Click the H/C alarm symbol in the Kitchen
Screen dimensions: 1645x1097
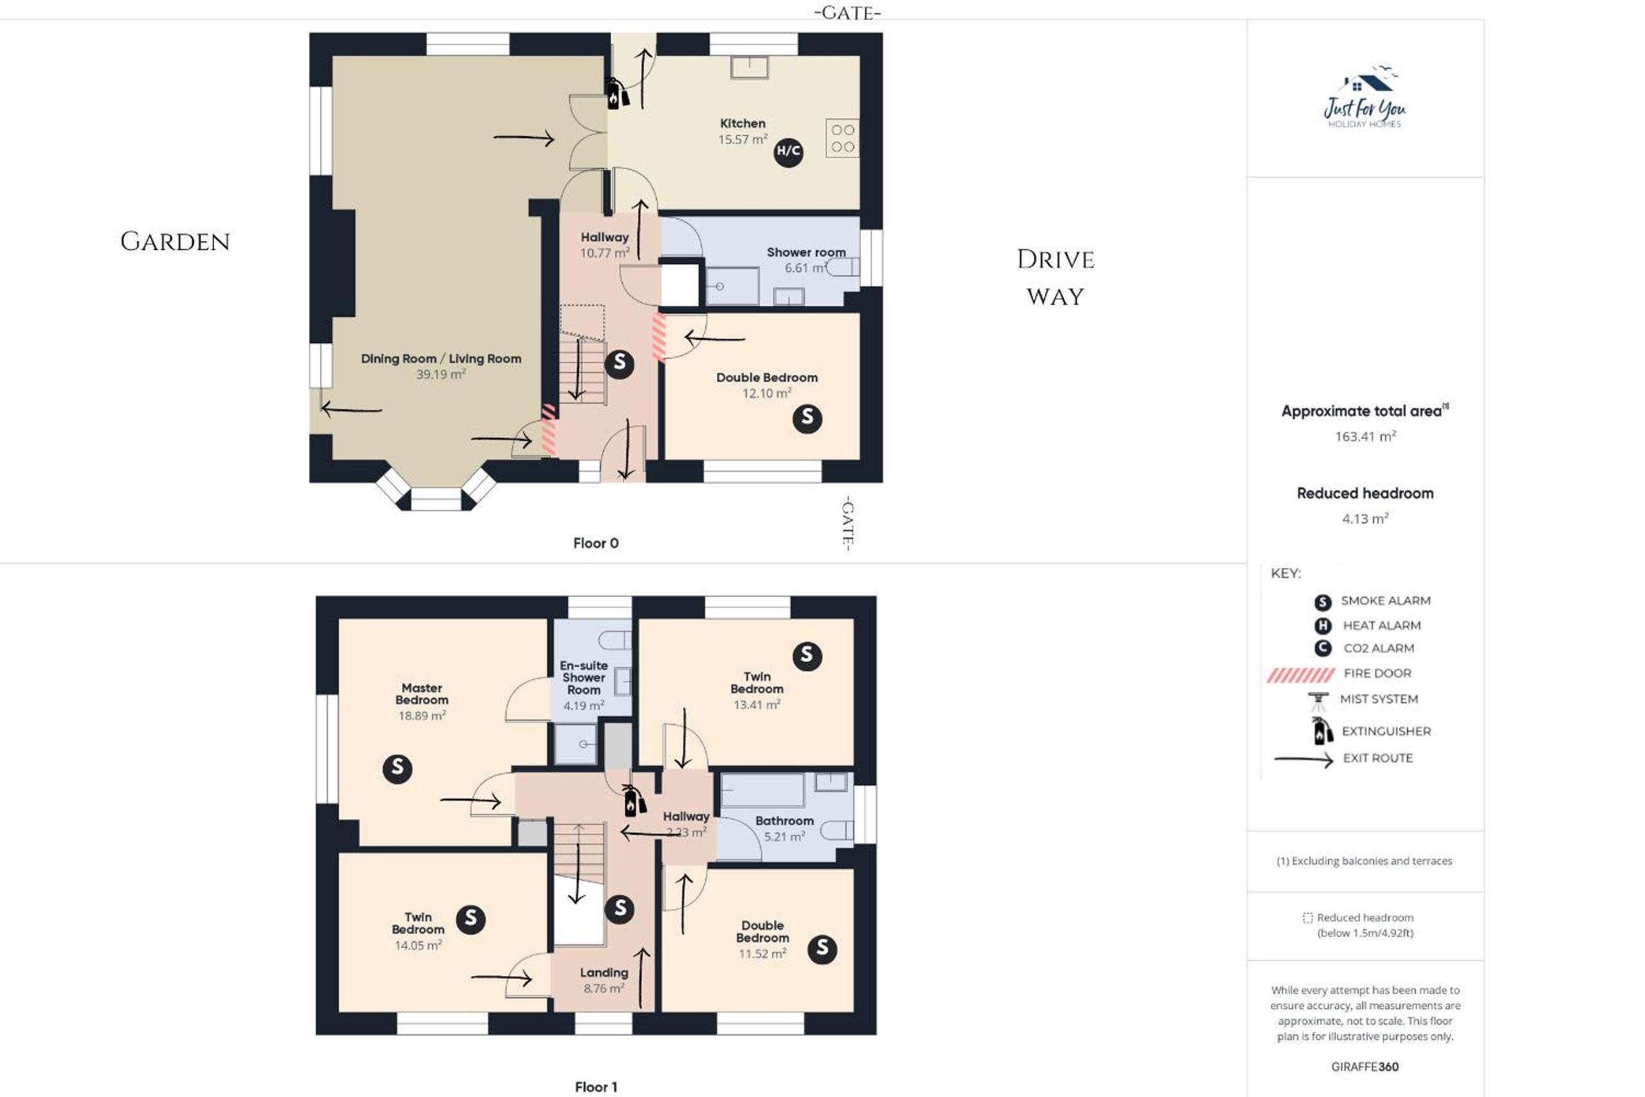[788, 152]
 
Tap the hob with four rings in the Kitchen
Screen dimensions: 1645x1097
[842, 138]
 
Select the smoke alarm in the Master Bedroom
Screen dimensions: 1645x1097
[397, 769]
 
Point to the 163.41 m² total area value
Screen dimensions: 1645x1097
[1365, 436]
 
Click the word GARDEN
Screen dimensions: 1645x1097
[175, 242]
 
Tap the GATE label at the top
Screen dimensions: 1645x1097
[847, 13]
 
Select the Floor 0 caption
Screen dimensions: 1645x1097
[596, 543]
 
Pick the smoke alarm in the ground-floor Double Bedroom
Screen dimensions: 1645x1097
[807, 418]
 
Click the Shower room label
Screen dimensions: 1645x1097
[806, 252]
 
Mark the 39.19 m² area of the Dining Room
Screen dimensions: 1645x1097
[441, 374]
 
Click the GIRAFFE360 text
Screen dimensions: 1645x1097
[1365, 1067]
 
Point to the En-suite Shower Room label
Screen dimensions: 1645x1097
[584, 677]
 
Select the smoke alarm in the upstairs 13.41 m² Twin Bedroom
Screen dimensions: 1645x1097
[807, 656]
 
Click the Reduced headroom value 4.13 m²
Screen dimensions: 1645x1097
[1365, 519]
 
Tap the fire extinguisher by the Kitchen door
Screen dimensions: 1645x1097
[616, 94]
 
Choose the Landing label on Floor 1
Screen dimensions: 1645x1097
[603, 972]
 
